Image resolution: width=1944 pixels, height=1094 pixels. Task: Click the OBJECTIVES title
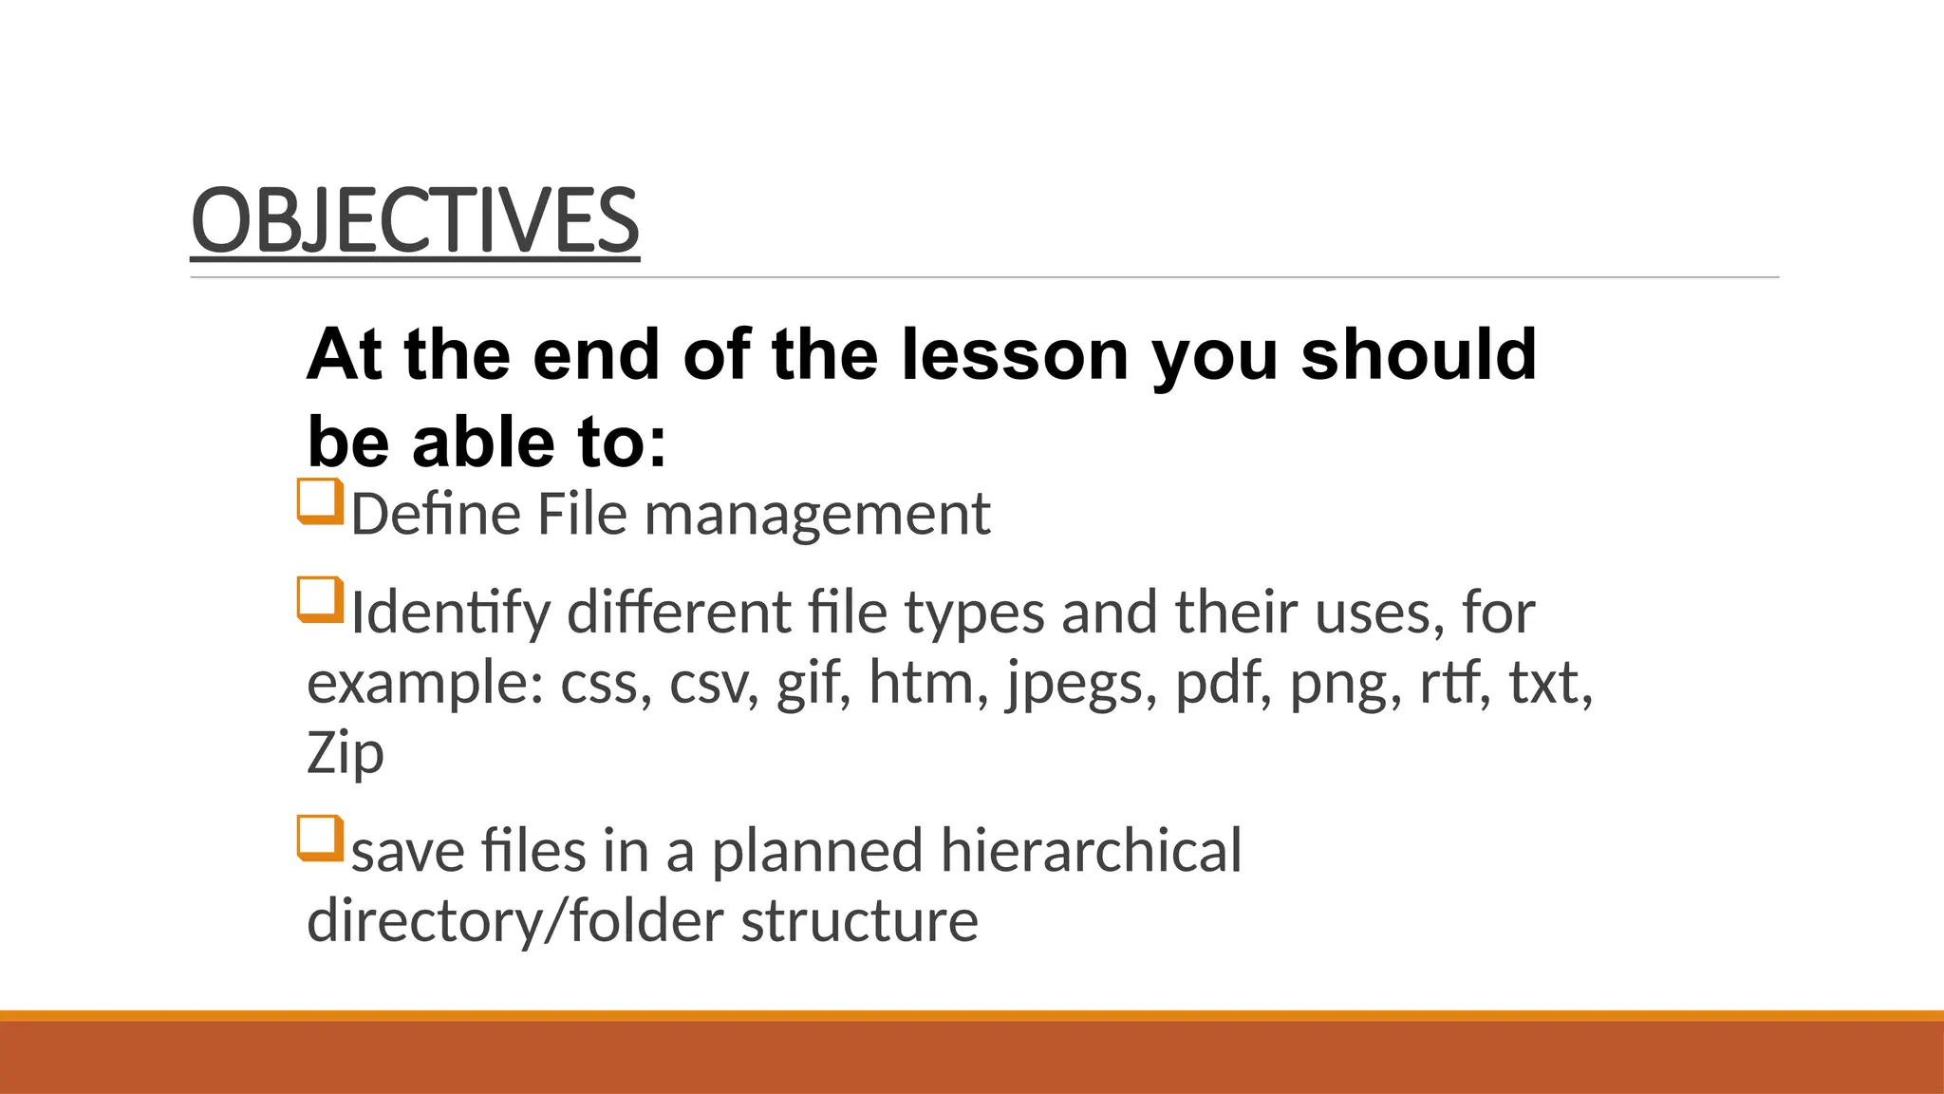415,220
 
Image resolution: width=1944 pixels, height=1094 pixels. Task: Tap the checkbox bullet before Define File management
320,501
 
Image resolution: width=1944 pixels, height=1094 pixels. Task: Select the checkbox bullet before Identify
320,600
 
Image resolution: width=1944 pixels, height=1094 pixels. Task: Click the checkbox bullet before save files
320,839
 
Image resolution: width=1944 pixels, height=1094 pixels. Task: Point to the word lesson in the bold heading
1014,354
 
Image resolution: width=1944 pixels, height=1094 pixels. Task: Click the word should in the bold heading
1418,354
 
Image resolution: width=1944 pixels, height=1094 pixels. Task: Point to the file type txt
1550,683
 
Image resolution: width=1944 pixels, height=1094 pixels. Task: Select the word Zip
346,754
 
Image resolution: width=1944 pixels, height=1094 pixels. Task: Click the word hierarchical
1091,850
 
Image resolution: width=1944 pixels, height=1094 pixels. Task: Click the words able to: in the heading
539,443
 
